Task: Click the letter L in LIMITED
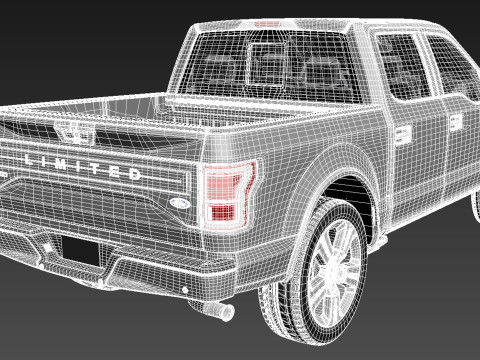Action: pos(29,160)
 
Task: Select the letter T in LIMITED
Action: pos(95,168)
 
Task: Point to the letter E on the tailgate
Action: pos(115,171)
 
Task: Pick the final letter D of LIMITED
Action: pos(135,174)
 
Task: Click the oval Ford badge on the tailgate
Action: pos(180,203)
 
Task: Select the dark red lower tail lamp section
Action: pos(223,212)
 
